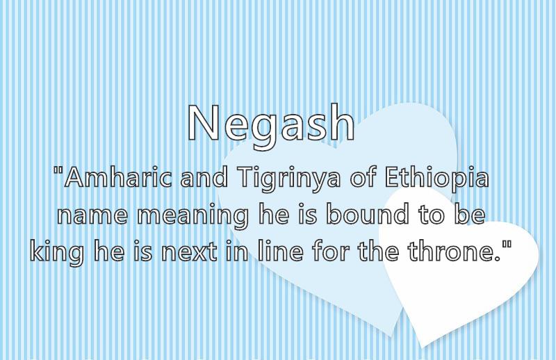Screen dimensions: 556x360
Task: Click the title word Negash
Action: tap(271, 125)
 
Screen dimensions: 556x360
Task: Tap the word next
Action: tap(189, 252)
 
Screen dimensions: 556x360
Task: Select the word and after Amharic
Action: tap(204, 177)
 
